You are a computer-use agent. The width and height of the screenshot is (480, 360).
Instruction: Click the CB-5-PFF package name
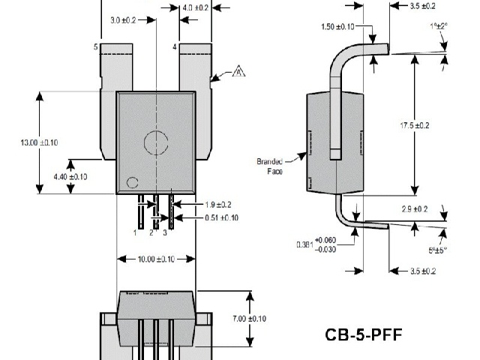[364, 333]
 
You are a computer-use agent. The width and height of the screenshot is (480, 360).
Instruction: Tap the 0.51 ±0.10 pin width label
[222, 218]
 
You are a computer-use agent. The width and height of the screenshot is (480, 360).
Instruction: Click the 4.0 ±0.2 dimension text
[196, 7]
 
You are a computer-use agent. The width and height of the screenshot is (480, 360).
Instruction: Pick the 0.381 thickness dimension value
[304, 244]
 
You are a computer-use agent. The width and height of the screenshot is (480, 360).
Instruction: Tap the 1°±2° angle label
[439, 25]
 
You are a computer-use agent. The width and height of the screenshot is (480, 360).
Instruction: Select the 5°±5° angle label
[438, 250]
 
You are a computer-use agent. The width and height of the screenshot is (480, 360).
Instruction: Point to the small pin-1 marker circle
[132, 182]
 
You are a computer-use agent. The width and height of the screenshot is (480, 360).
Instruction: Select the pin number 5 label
[95, 47]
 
